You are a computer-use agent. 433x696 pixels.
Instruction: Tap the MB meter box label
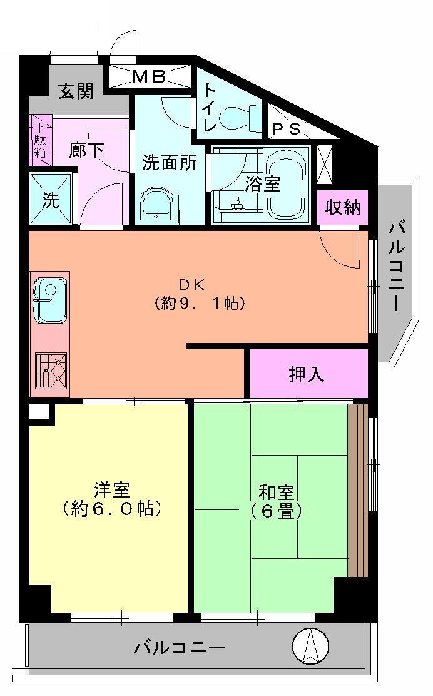148,77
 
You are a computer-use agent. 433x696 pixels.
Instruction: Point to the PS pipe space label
286,129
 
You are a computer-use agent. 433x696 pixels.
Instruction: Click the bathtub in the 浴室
285,184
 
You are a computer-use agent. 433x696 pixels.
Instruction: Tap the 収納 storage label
343,207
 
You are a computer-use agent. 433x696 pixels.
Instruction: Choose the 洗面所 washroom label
169,163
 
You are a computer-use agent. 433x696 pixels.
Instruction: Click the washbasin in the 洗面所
156,205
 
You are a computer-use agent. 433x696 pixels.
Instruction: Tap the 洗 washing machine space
51,200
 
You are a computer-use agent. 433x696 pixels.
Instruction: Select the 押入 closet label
307,374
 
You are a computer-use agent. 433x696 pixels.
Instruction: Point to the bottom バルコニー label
180,647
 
